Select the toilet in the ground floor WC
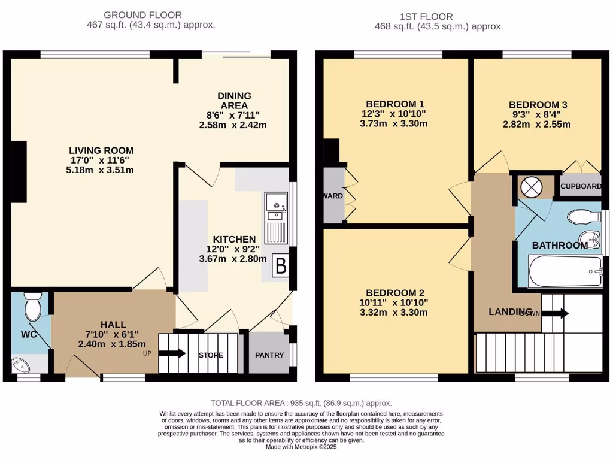[x=32, y=307]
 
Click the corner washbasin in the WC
[x=25, y=364]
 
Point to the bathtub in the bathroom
[x=566, y=272]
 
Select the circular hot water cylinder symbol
[x=530, y=187]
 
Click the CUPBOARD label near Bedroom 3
[x=581, y=186]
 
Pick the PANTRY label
[x=269, y=355]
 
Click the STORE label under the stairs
[x=211, y=355]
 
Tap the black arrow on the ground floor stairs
[x=173, y=353]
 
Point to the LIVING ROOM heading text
[x=101, y=150]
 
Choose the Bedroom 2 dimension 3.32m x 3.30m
[x=395, y=312]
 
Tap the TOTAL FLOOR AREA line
[x=301, y=404]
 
